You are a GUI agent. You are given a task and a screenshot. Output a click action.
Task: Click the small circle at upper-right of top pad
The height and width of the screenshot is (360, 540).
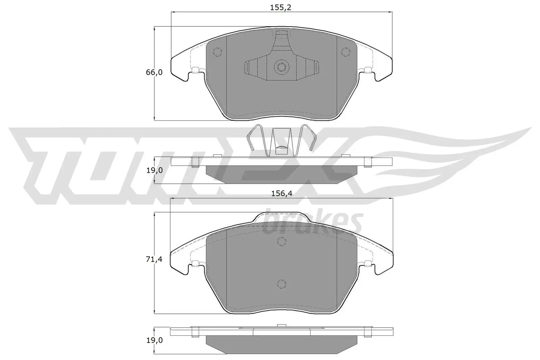345,52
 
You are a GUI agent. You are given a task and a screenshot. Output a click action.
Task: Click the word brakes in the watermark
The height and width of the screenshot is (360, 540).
312,223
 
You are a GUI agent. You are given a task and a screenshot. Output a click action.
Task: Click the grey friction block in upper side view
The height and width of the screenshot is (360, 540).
281,174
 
